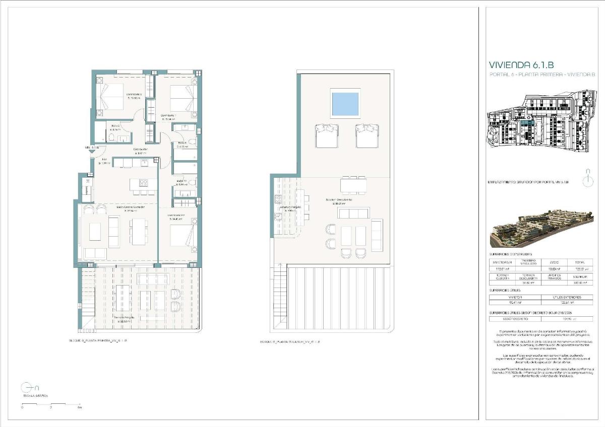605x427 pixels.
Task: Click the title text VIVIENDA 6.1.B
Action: tap(521, 65)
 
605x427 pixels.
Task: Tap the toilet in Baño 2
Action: tap(111, 137)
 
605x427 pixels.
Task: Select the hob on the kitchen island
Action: tap(143, 183)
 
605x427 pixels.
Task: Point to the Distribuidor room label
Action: tap(140, 150)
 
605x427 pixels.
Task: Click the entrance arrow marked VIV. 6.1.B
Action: tap(92, 153)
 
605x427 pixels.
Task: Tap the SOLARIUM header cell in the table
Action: tap(580, 276)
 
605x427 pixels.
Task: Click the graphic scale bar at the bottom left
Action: tap(51, 403)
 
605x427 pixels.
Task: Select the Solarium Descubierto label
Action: tap(339, 200)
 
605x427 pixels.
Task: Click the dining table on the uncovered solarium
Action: tap(353, 186)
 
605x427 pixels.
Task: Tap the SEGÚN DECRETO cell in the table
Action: tap(515, 319)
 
